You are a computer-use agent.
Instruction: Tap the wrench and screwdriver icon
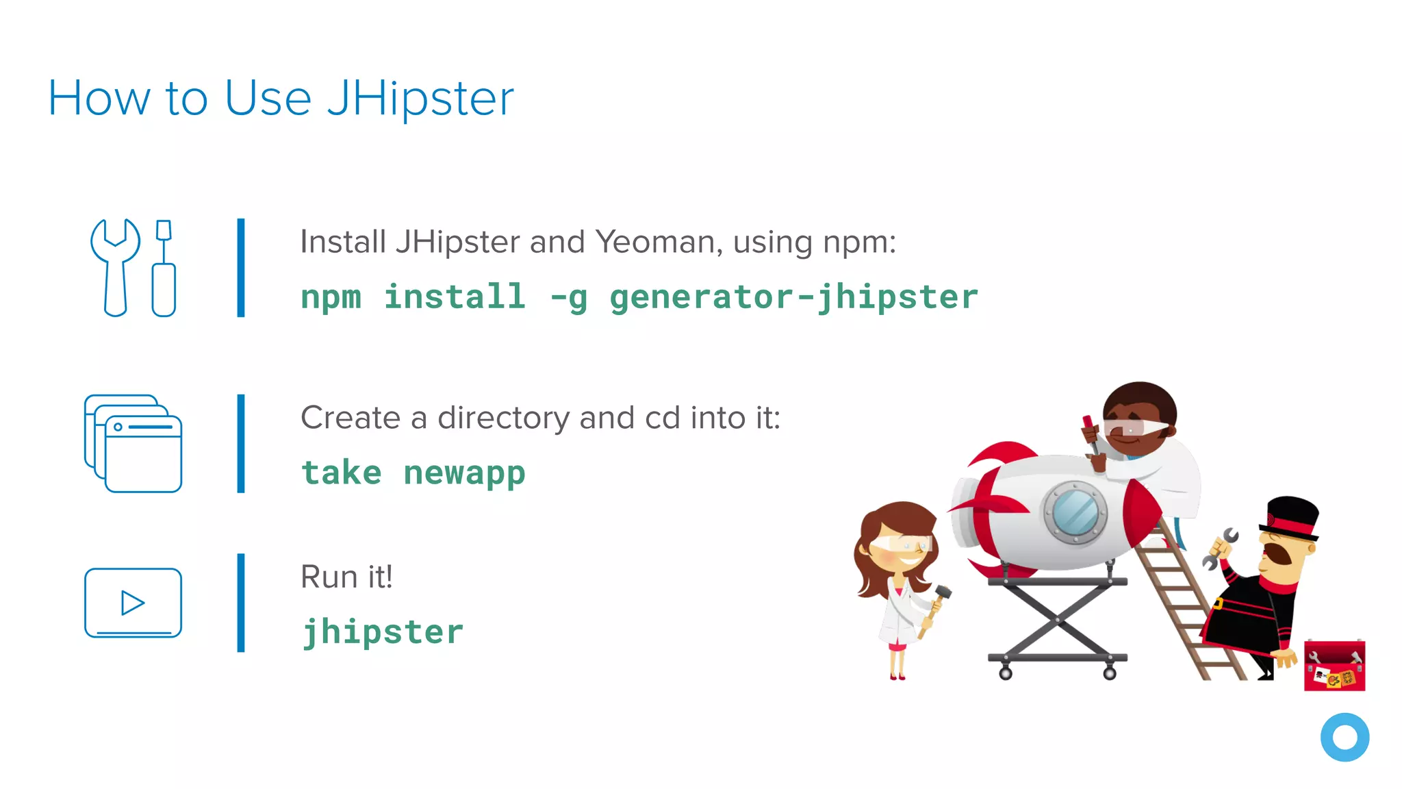coord(133,268)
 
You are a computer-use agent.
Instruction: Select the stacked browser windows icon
coord(133,443)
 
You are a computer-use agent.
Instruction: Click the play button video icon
coord(133,603)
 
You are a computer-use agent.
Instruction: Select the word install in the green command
coord(455,298)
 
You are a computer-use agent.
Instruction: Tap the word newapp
coord(464,473)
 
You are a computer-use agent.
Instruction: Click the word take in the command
coord(341,473)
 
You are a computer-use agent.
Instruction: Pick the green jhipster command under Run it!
coord(383,632)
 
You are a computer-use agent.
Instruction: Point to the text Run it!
coord(346,577)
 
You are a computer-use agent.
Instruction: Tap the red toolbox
coord(1334,666)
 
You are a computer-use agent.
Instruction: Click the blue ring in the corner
coord(1344,738)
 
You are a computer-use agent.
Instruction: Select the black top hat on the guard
coord(1291,517)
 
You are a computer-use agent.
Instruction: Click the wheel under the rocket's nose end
coord(1110,673)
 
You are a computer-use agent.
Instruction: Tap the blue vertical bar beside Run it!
coord(241,603)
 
